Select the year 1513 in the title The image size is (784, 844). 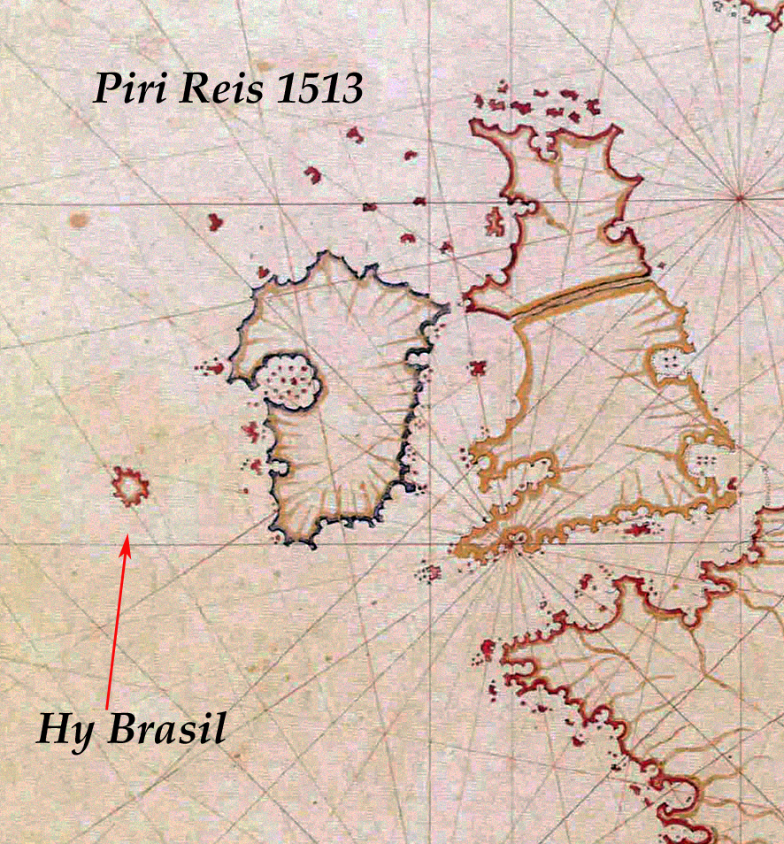coord(315,88)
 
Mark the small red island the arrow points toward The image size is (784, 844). coord(130,486)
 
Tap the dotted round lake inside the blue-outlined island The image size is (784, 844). coord(289,381)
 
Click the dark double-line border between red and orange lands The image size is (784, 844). coord(580,294)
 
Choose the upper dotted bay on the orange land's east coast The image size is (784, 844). coord(673,362)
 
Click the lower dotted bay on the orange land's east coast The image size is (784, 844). coord(705,456)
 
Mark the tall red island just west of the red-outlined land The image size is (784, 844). coord(496,221)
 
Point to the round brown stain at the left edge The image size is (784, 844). coord(80,219)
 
